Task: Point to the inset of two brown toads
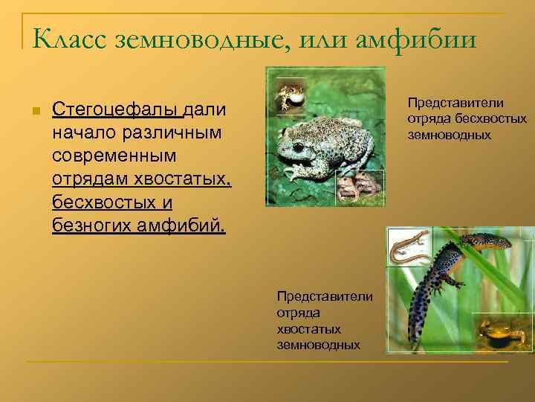[360, 187]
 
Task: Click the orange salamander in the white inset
[409, 246]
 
